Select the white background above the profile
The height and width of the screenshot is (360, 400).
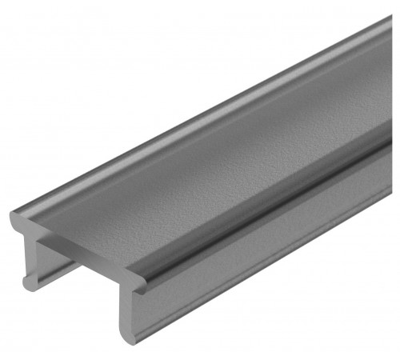point(120,64)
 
